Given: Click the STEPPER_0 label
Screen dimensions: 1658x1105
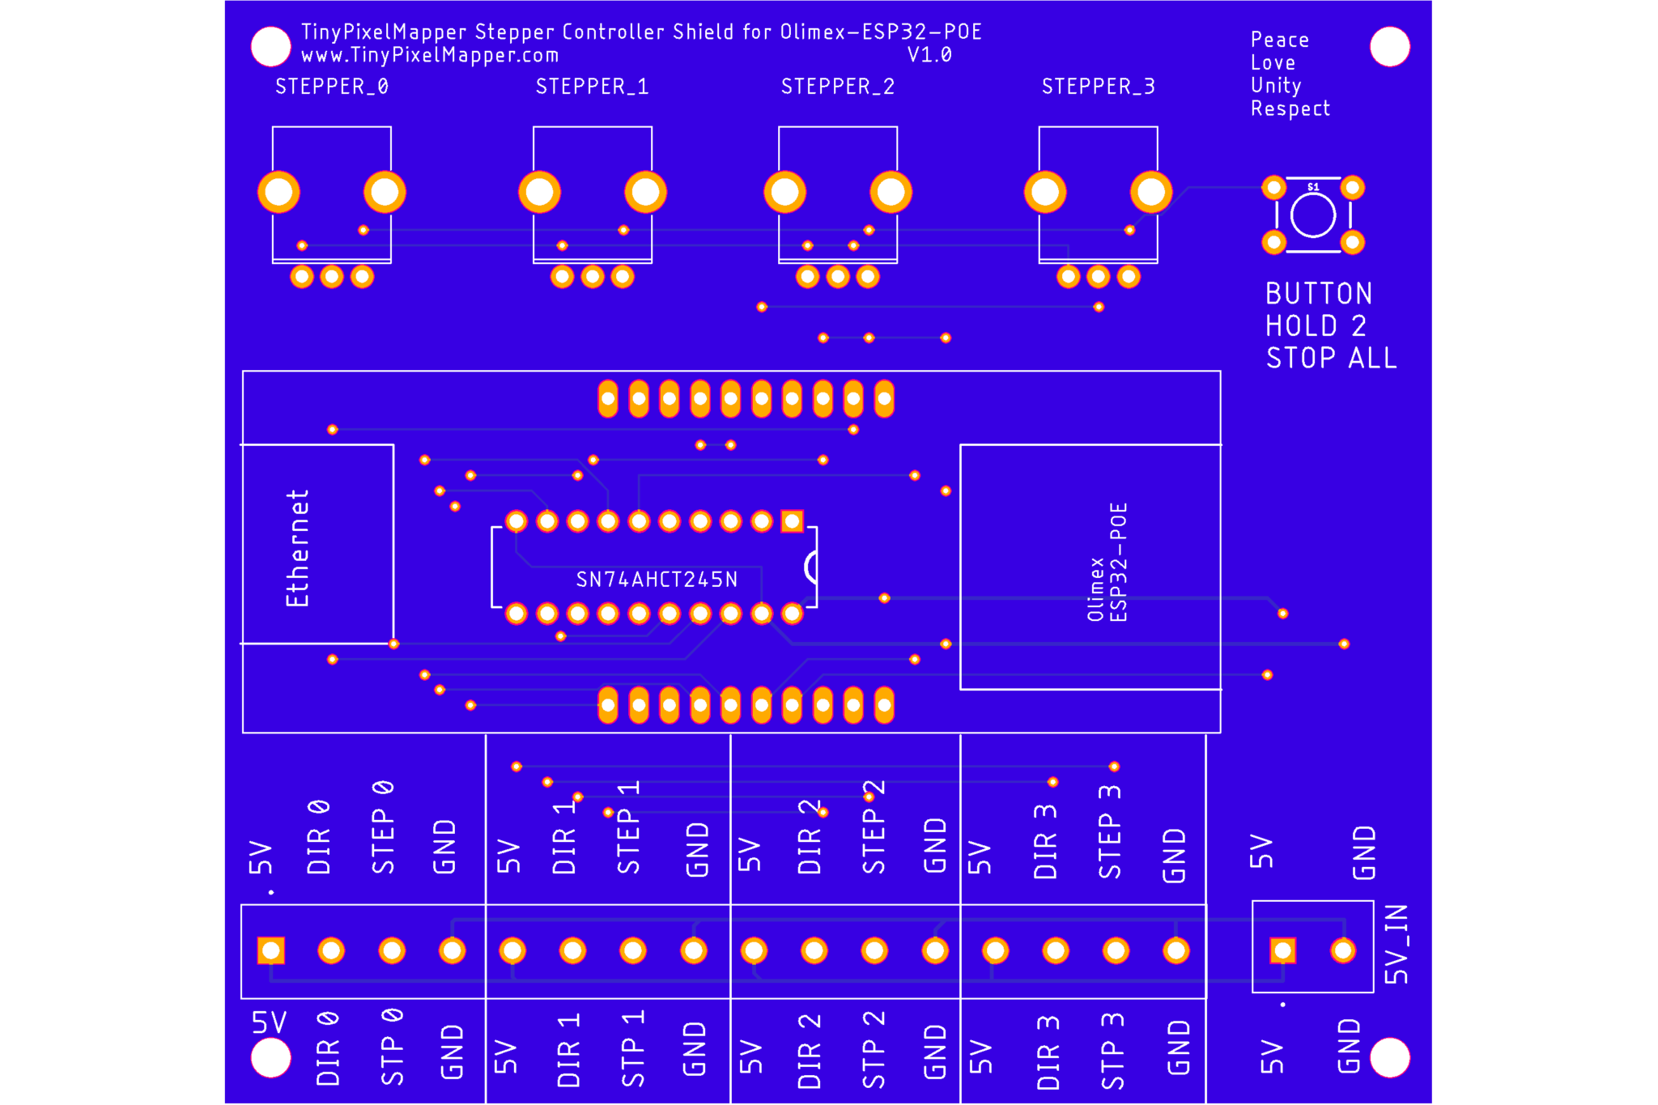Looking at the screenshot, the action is click(332, 87).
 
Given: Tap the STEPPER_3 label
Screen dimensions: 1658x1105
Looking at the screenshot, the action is click(1099, 87).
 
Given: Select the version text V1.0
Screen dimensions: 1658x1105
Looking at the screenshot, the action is click(929, 55).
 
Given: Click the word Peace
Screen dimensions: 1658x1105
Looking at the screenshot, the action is click(1279, 40).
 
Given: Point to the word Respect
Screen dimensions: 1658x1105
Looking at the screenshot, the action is click(1290, 108).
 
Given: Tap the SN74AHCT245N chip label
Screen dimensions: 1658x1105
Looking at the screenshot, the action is click(657, 580).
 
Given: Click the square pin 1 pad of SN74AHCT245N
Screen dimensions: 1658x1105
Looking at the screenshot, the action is click(792, 521).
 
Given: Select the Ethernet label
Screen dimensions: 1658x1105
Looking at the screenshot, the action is click(297, 547).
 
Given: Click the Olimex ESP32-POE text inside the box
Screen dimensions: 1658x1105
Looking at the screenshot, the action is click(1107, 563).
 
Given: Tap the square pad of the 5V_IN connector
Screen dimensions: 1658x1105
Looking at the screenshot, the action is click(1282, 950).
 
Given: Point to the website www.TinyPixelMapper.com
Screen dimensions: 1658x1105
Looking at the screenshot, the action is click(430, 55).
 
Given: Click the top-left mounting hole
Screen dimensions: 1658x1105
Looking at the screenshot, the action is click(271, 46).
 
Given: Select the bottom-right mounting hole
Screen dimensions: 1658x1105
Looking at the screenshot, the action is click(1390, 1057).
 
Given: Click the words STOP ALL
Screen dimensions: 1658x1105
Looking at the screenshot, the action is click(1332, 358).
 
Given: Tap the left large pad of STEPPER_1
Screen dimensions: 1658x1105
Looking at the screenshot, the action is click(540, 193).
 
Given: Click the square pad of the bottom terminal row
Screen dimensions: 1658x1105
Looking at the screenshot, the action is click(270, 950).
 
